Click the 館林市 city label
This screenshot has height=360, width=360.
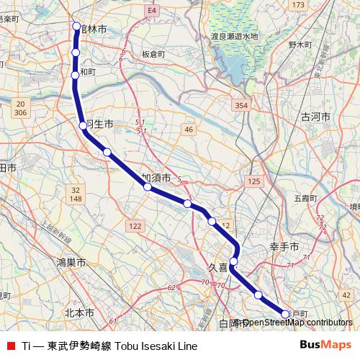[x=95, y=29]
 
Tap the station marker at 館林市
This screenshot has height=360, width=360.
[x=77, y=27]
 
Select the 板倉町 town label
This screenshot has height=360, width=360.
[x=153, y=54]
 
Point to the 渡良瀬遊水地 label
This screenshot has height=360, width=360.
[x=234, y=36]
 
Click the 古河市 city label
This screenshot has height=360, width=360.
[x=315, y=116]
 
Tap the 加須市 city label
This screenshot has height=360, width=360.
[x=156, y=177]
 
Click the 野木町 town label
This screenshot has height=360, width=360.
[x=298, y=45]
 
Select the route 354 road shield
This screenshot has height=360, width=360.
[x=241, y=105]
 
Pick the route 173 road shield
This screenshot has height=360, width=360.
[x=298, y=6]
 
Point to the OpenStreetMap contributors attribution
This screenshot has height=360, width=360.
[x=297, y=323]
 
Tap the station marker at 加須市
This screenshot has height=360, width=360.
[x=148, y=187]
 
